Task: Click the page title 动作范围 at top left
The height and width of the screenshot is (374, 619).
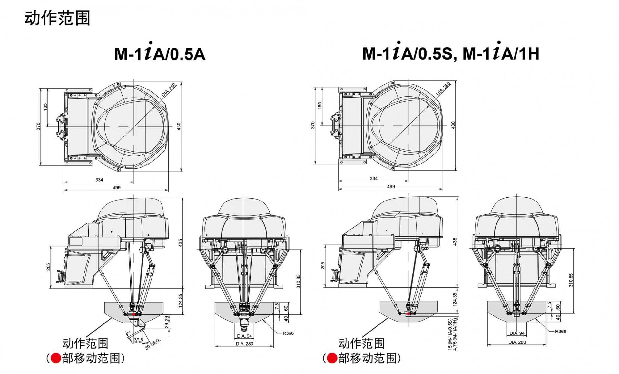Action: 57,18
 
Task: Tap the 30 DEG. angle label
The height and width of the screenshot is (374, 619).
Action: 153,344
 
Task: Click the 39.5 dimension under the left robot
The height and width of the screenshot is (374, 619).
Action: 138,340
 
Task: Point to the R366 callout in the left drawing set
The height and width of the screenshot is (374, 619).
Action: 288,333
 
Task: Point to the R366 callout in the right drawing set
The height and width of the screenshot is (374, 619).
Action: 560,331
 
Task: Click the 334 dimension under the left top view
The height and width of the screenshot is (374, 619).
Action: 99,180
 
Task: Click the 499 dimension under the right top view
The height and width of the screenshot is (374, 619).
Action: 391,186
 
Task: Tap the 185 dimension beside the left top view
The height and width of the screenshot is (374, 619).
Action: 45,107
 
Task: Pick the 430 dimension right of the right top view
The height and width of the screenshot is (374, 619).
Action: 453,125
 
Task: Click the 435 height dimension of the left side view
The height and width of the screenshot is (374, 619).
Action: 181,243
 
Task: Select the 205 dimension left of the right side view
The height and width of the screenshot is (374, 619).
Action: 323,266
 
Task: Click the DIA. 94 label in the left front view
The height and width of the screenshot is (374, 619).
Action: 244,336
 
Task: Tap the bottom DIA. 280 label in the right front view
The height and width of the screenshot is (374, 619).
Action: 517,342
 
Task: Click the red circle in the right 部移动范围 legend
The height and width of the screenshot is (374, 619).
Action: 332,358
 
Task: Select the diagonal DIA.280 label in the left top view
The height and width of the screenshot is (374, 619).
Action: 169,90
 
